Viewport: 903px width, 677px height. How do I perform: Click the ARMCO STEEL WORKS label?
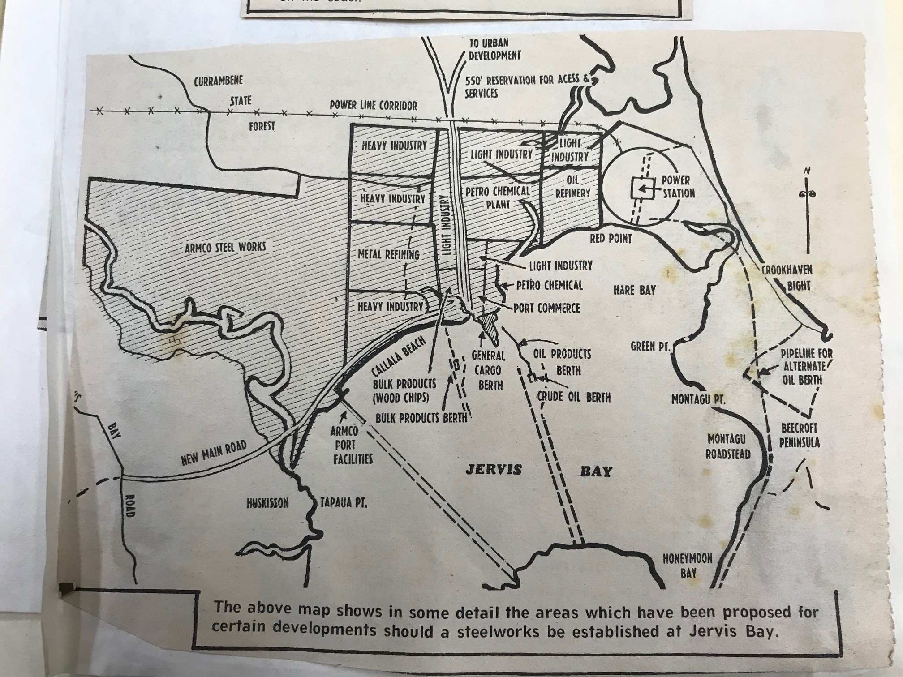(x=225, y=247)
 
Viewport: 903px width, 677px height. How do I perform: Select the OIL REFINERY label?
(x=573, y=186)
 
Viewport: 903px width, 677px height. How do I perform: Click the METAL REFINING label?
(x=388, y=255)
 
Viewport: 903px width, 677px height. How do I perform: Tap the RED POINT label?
(x=611, y=238)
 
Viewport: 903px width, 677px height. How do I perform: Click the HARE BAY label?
(x=634, y=290)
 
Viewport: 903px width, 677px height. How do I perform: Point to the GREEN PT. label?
(x=649, y=346)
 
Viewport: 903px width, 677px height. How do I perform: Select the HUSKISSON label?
(x=267, y=503)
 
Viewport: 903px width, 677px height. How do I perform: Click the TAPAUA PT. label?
(x=344, y=503)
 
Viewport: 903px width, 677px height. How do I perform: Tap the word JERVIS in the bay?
(x=494, y=469)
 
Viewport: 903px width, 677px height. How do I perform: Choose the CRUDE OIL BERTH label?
(x=574, y=397)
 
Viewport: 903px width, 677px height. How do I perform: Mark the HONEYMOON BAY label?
(x=688, y=565)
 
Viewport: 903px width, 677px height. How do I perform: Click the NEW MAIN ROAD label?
(x=214, y=453)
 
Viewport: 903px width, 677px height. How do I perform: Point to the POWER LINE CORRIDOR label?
(x=373, y=105)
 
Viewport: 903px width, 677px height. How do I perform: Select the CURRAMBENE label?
(x=218, y=81)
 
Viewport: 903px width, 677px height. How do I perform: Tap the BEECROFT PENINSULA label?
(x=799, y=435)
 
